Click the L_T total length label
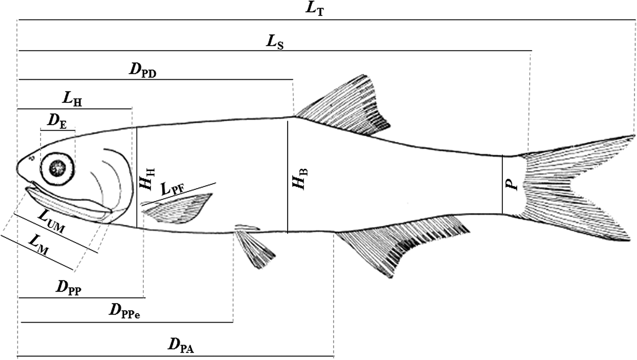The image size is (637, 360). coord(314,10)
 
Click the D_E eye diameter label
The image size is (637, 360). coord(57,122)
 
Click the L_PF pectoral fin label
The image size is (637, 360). coord(173,188)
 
